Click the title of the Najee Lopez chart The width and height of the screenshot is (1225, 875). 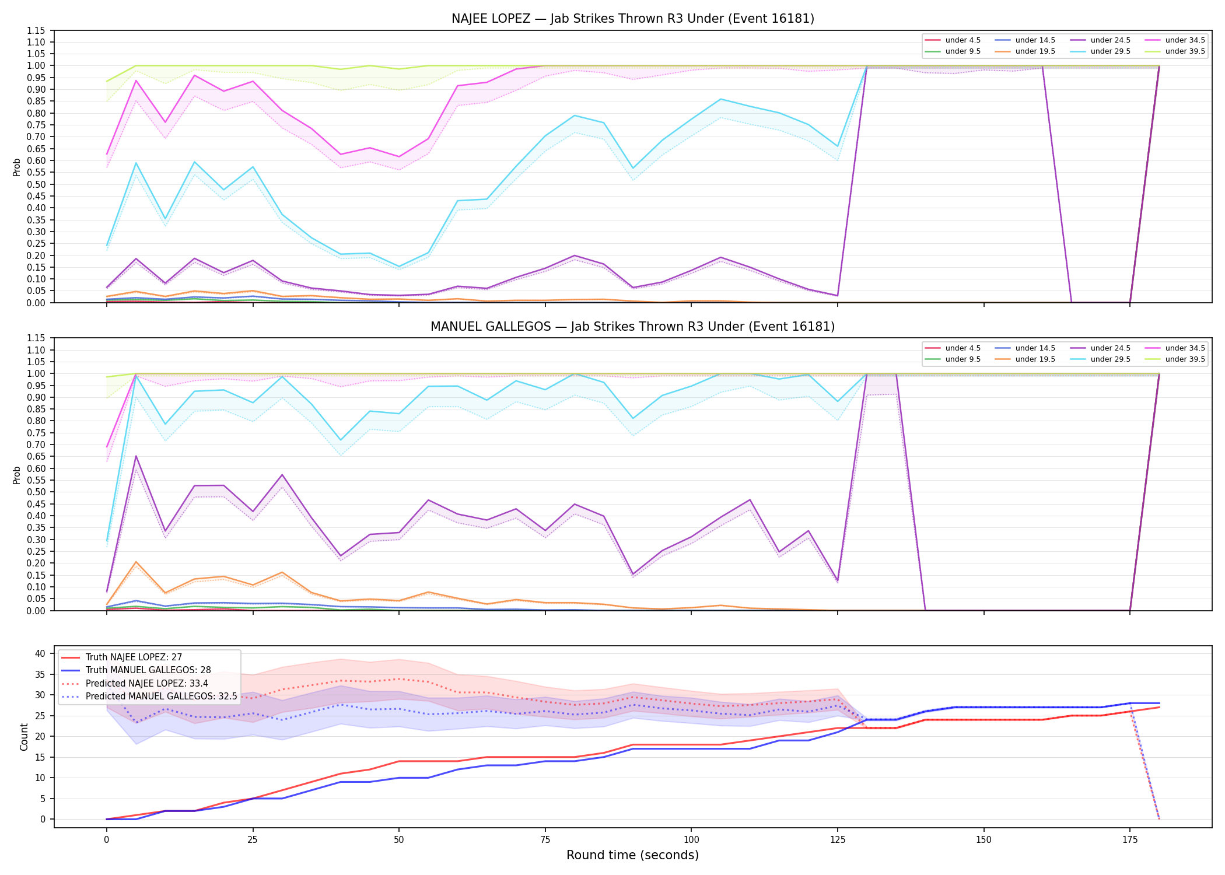633,19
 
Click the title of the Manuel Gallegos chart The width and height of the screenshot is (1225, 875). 633,327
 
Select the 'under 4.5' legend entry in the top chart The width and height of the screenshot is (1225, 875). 953,40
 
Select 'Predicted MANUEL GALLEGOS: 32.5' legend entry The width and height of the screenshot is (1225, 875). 149,696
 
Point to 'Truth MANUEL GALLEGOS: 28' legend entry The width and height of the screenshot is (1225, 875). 136,670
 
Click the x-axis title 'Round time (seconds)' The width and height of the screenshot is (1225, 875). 633,855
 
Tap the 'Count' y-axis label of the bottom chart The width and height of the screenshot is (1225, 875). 24,737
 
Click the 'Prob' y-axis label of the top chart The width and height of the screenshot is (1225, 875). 17,167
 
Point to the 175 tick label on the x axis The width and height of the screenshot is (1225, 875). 1130,840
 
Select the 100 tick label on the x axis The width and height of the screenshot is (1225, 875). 691,840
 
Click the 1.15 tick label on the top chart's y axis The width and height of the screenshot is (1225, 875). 36,30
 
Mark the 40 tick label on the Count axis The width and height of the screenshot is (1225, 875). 40,653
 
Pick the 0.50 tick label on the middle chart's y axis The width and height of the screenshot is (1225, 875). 36,492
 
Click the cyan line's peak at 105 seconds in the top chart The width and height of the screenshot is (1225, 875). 720,99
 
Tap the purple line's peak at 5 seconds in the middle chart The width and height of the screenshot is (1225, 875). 136,456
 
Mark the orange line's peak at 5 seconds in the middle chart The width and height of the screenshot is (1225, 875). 136,562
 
